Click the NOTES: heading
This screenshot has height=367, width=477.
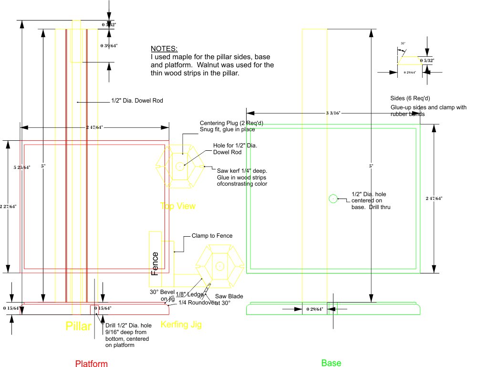pos(164,49)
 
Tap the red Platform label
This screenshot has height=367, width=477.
pos(92,364)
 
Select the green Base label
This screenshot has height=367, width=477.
pos(331,363)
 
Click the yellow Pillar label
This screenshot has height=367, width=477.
pos(78,327)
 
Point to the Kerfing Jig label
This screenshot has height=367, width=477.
pos(181,325)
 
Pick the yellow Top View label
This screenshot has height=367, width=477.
pos(178,206)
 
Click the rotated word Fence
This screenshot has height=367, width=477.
pos(155,264)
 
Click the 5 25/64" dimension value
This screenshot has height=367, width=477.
pos(22,167)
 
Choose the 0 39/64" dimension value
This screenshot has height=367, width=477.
pos(109,46)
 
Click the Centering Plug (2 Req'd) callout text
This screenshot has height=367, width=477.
pos(231,123)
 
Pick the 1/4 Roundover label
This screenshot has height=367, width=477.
pos(196,302)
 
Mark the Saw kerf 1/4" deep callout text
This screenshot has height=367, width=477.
pos(242,170)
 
